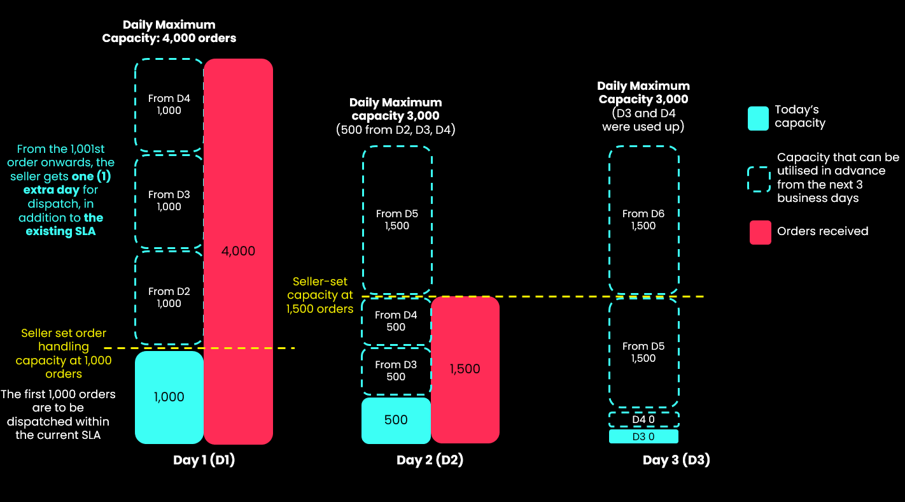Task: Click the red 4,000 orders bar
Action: [x=238, y=251]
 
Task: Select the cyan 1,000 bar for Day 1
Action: [x=169, y=397]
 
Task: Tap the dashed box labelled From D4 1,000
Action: [x=169, y=104]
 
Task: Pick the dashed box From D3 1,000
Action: [x=169, y=201]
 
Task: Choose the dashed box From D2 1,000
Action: [x=169, y=298]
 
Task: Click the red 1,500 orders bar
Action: [x=465, y=369]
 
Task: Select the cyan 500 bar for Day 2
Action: [x=396, y=420]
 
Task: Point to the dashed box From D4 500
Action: [x=396, y=321]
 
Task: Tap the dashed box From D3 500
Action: [x=396, y=371]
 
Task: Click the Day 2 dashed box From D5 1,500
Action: [x=397, y=220]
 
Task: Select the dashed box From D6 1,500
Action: [x=643, y=220]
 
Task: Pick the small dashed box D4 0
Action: [x=643, y=420]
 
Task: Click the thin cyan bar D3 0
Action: [x=643, y=436]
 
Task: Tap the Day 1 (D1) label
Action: [x=204, y=460]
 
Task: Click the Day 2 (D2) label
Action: [x=430, y=460]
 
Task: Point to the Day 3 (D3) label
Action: [x=677, y=460]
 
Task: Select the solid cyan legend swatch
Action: [x=758, y=118]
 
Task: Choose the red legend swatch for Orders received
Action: [x=760, y=233]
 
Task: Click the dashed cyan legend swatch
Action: [x=759, y=179]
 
